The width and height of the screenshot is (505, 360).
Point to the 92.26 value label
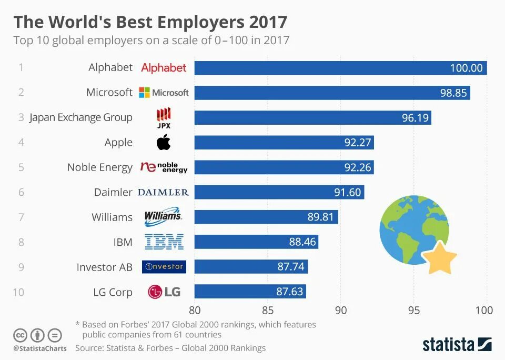click(358, 167)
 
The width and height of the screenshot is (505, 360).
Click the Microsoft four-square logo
click(144, 93)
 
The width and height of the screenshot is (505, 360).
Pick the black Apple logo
click(164, 142)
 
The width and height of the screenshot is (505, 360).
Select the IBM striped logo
click(164, 242)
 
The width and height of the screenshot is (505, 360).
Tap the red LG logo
click(156, 292)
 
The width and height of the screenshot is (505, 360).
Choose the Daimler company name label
click(113, 192)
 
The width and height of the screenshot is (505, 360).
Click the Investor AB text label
click(104, 267)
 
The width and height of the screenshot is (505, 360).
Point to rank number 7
click(21, 217)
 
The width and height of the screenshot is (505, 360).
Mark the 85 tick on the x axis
click(268, 310)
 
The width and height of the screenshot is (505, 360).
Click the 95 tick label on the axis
click(414, 310)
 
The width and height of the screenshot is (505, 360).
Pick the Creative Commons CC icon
click(21, 335)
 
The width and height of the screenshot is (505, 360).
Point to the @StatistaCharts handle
click(40, 348)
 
